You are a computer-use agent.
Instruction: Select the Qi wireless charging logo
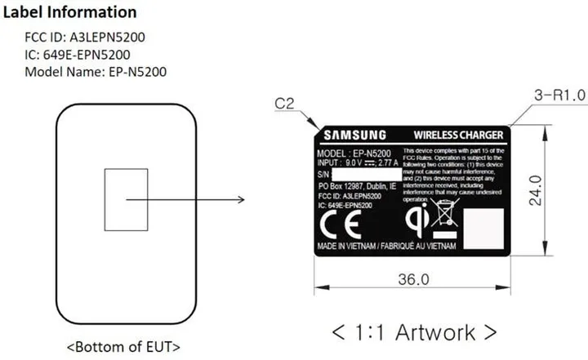(x=417, y=218)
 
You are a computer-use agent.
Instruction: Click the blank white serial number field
(x=363, y=175)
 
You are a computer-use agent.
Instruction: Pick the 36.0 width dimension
(x=413, y=279)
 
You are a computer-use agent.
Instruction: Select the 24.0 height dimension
(x=557, y=190)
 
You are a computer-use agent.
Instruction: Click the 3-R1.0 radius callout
(x=559, y=96)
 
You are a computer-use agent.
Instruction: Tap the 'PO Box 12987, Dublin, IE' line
(x=356, y=186)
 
